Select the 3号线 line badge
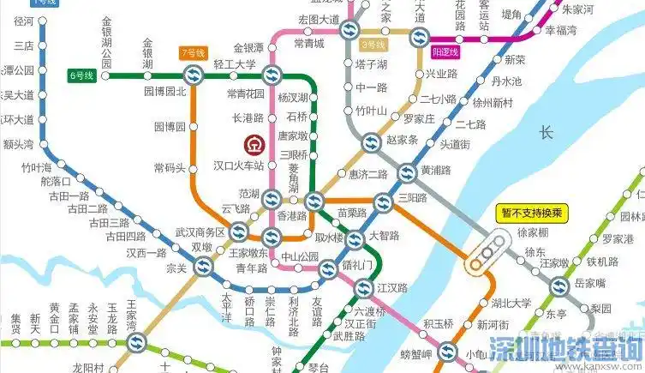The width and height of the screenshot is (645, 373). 373,45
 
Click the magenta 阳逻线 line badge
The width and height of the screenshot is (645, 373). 443,51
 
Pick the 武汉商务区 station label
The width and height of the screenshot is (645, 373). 199,232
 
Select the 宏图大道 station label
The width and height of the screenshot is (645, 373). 314,19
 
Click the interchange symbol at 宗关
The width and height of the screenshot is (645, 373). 202,267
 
